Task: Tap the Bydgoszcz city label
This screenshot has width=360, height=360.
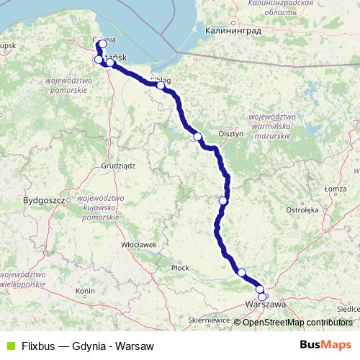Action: (x=44, y=199)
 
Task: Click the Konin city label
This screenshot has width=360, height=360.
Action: (x=85, y=291)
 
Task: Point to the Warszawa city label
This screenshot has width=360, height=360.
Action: (x=265, y=305)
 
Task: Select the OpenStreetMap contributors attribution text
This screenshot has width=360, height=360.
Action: (x=297, y=322)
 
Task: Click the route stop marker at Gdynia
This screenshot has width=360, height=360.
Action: (x=103, y=44)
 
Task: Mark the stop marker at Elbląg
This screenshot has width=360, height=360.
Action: (x=161, y=86)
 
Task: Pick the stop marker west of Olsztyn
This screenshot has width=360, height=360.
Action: (x=197, y=136)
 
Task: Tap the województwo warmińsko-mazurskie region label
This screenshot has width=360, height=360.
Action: (x=269, y=126)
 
